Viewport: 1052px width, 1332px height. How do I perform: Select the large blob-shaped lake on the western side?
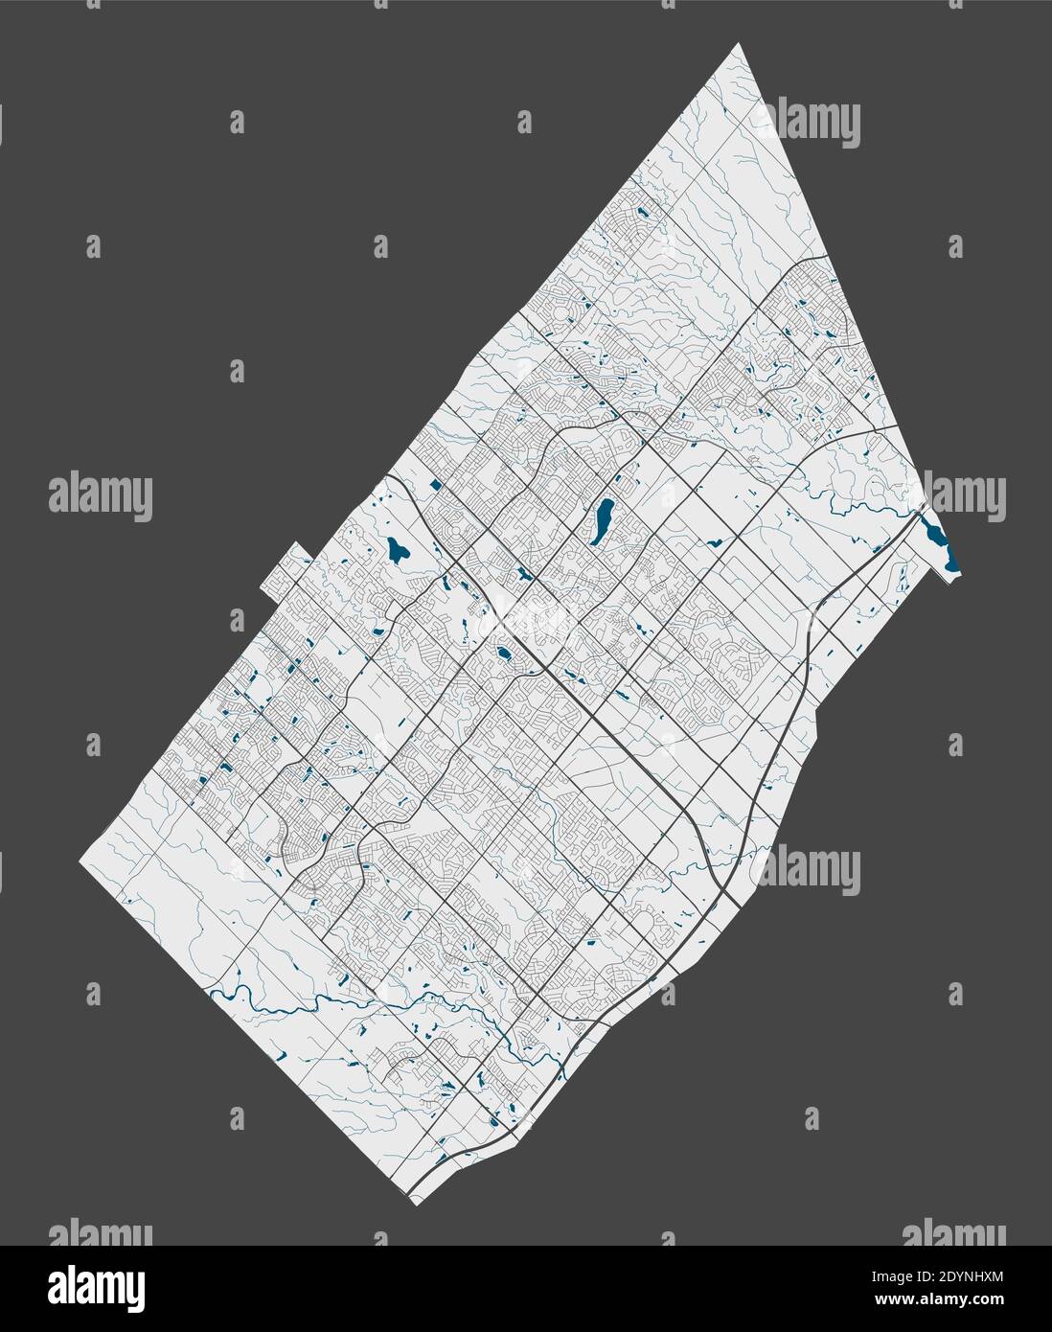[x=397, y=550]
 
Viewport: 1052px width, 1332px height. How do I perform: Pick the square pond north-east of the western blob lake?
[x=437, y=485]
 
